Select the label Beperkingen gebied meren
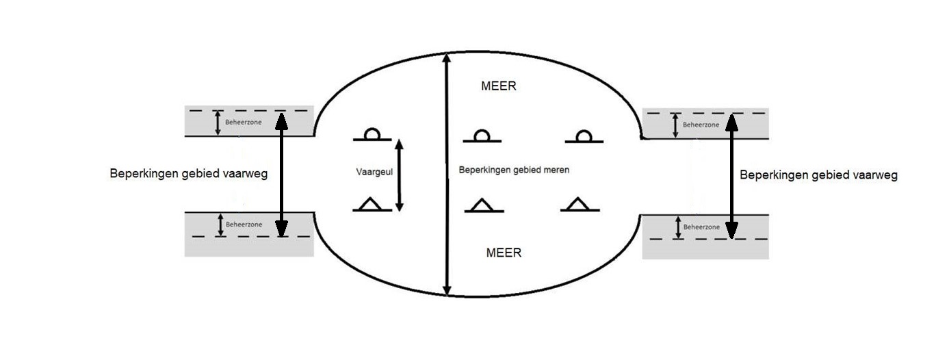514,169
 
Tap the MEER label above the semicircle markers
499,87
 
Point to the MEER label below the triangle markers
504,253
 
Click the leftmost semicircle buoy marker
372,136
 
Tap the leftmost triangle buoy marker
372,204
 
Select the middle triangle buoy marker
484,205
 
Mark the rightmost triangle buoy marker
580,204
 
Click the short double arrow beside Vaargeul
400,175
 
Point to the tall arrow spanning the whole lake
446,175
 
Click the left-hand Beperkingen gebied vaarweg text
189,174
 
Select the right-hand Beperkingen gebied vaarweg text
819,175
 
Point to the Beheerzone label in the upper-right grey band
701,125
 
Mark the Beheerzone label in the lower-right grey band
701,227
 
